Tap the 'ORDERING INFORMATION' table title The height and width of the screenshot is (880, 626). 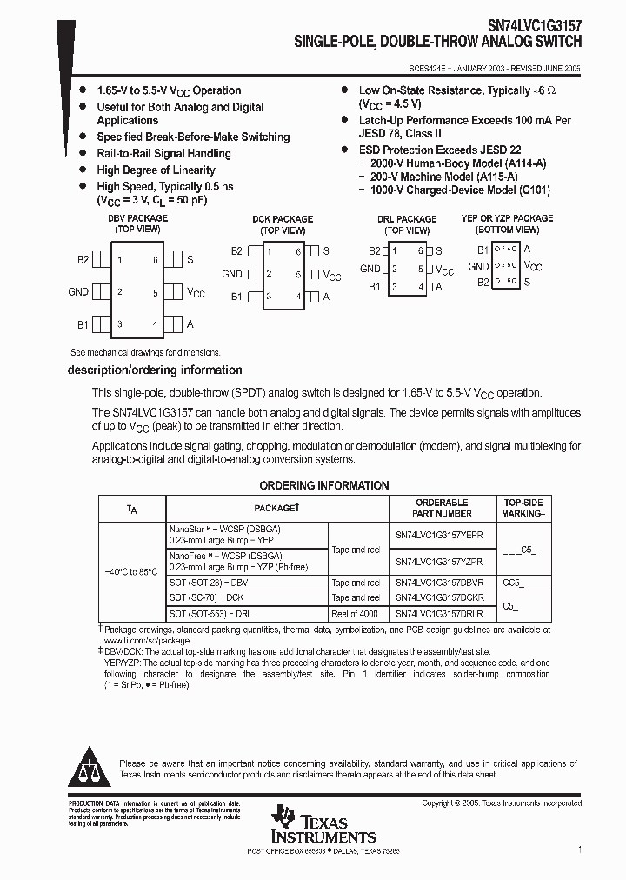click(x=324, y=485)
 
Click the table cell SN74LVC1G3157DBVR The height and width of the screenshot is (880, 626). click(x=440, y=583)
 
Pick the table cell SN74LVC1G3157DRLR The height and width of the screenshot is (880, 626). click(x=439, y=614)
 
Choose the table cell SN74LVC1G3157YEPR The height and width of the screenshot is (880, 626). click(x=439, y=535)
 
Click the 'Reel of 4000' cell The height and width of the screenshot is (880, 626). click(x=356, y=614)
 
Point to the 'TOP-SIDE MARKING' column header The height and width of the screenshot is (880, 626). click(x=523, y=508)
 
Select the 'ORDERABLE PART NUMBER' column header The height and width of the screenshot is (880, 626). click(x=442, y=508)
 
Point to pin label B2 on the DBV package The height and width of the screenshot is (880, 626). click(x=83, y=259)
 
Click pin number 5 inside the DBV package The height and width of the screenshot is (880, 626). click(x=156, y=293)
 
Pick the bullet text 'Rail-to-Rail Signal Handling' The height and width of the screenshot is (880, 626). click(x=163, y=154)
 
